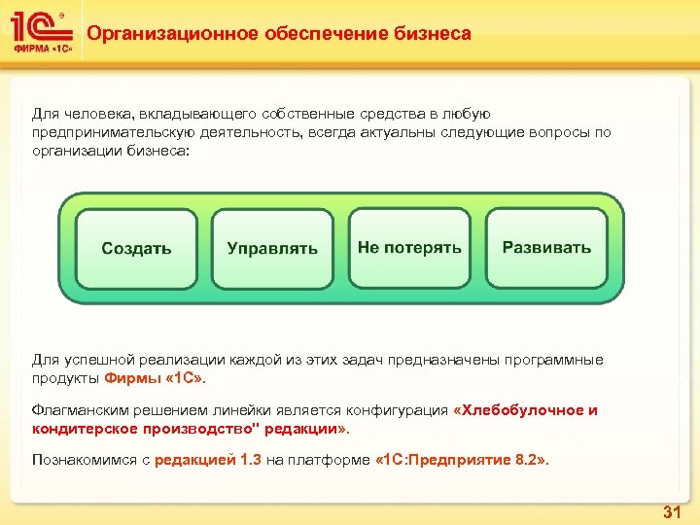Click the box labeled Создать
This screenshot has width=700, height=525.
tap(136, 248)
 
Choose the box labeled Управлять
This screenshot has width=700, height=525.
tap(272, 248)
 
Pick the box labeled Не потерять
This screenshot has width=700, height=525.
tap(409, 247)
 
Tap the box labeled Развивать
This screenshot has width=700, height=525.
tap(546, 247)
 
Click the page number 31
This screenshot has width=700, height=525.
tap(671, 511)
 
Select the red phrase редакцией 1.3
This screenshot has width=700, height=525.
tap(208, 460)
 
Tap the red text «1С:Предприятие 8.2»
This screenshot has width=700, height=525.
tap(462, 460)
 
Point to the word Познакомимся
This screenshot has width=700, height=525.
tap(79, 460)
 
